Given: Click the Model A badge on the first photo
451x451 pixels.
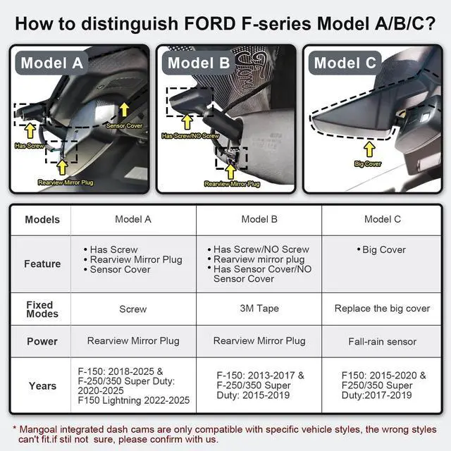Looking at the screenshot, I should click(52, 62).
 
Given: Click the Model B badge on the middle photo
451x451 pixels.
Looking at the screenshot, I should click(199, 63).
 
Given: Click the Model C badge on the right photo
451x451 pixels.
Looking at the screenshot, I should click(345, 63).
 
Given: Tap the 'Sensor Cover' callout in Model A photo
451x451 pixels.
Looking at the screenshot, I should click(125, 125).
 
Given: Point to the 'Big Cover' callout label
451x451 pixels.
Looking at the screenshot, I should click(369, 163).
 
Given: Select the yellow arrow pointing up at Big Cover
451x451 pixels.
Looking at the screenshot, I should click(369, 149).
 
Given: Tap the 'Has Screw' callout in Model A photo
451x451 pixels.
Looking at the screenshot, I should click(30, 146).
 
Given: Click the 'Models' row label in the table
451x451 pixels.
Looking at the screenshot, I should click(42, 219).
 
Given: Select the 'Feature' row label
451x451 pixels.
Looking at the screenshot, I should click(42, 264).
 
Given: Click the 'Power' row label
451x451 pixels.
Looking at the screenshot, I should click(42, 341).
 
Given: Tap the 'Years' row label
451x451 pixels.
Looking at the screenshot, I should click(42, 385).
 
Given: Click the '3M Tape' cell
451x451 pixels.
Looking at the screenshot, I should click(259, 309).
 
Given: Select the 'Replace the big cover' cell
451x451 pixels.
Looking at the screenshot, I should click(382, 309).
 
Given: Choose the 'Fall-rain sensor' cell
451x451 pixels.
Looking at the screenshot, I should click(382, 341).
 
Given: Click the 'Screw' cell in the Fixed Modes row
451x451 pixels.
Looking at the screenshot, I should click(132, 309).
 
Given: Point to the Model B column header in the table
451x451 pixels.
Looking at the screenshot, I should click(259, 219).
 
